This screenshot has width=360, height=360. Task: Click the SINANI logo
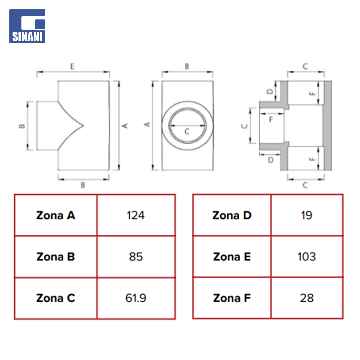click(27, 26)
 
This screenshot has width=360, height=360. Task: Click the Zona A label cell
click(56, 215)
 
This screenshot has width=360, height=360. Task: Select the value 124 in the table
click(136, 215)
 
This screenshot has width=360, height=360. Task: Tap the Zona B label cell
click(56, 257)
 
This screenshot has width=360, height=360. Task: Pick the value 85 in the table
click(136, 257)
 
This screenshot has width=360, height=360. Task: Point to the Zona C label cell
click(56, 298)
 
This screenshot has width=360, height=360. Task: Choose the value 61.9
click(136, 298)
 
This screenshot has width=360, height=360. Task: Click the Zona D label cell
click(232, 215)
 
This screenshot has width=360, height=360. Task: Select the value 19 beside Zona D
click(307, 215)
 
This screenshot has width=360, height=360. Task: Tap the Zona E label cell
click(232, 257)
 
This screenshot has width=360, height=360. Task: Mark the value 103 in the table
click(307, 257)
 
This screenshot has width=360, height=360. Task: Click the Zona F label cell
click(232, 298)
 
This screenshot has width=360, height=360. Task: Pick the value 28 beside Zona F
click(307, 298)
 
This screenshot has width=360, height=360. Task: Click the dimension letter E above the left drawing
click(72, 67)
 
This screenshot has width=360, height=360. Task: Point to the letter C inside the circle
click(187, 132)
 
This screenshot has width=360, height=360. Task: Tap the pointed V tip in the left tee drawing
click(83, 126)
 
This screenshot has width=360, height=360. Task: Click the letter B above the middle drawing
click(187, 67)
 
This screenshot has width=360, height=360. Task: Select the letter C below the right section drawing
click(305, 185)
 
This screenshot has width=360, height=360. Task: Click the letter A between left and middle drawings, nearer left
click(125, 126)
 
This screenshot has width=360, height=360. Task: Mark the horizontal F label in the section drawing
click(271, 119)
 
